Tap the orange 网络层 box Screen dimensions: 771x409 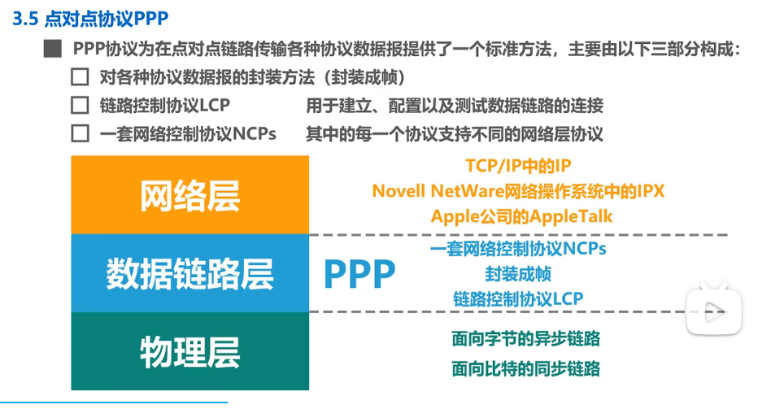pyautogui.click(x=190, y=194)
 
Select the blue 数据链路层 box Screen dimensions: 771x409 pyautogui.click(x=190, y=274)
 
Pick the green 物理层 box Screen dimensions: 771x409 pyautogui.click(x=190, y=350)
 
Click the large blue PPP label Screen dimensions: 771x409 pyautogui.click(x=359, y=275)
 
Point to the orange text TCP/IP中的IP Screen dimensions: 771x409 pyautogui.click(x=518, y=167)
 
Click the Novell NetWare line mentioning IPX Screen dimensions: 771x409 pyautogui.click(x=518, y=191)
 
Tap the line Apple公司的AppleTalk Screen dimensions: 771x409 pyautogui.click(x=521, y=216)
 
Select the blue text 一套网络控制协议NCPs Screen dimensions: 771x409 pyautogui.click(x=518, y=249)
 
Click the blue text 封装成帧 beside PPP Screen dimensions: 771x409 pyautogui.click(x=518, y=274)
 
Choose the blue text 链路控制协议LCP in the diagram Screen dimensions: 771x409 pyautogui.click(x=518, y=298)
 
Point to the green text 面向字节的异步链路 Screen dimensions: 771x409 pyautogui.click(x=525, y=338)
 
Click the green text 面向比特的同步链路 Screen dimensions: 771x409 pyautogui.click(x=525, y=368)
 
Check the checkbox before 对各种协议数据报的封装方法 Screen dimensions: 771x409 pyautogui.click(x=80, y=78)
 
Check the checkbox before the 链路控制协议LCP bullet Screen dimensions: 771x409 pyautogui.click(x=80, y=106)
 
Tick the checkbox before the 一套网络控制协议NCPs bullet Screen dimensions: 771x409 pyautogui.click(x=80, y=133)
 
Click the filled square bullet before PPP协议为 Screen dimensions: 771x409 pyautogui.click(x=53, y=50)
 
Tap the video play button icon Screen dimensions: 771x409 pyautogui.click(x=713, y=308)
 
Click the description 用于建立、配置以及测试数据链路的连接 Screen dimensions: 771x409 pyautogui.click(x=455, y=106)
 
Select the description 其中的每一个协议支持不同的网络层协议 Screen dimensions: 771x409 pyautogui.click(x=455, y=133)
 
